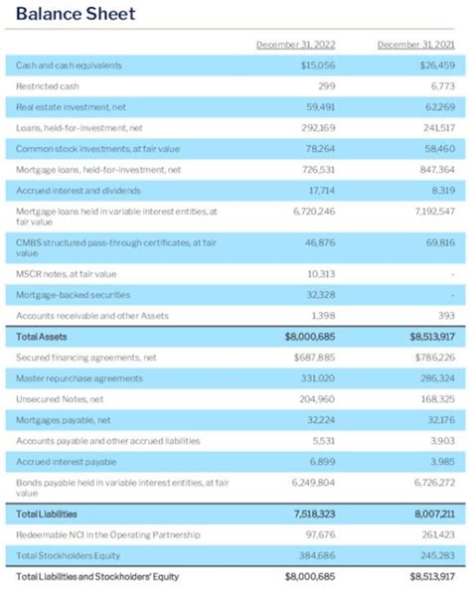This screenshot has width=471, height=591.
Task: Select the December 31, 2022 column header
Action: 295,44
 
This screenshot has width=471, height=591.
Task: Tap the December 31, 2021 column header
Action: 416,44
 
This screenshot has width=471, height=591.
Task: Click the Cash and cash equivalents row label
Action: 69,65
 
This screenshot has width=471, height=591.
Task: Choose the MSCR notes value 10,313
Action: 321,273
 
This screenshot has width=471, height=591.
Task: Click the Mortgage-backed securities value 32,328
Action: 320,294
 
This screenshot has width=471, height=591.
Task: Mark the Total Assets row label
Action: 41,338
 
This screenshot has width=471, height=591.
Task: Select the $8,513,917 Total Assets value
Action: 431,338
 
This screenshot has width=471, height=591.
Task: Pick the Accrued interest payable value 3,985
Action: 441,462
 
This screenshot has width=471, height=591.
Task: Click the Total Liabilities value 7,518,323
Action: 313,514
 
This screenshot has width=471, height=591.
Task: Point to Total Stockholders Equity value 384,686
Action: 317,554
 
